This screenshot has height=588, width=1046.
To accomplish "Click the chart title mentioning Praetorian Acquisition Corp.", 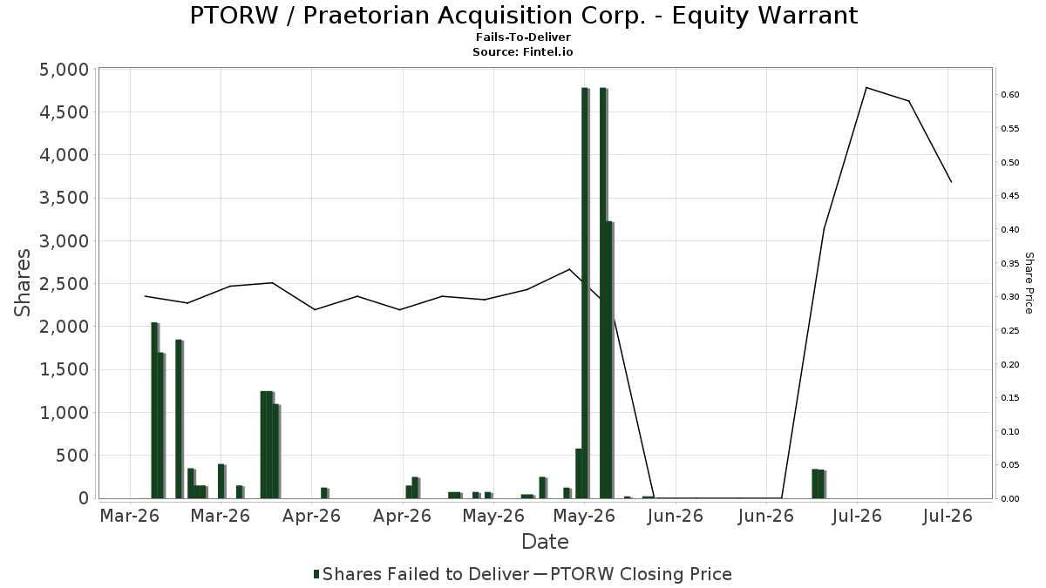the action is (x=524, y=16).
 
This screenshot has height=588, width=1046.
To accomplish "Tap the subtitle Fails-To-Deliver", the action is (x=523, y=37).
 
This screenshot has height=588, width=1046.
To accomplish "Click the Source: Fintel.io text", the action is (x=522, y=51).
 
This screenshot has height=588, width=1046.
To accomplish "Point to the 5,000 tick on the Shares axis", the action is (x=64, y=70).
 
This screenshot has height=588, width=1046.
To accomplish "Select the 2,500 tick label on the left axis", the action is (x=64, y=284).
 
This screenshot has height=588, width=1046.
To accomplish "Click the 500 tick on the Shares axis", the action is (x=72, y=456).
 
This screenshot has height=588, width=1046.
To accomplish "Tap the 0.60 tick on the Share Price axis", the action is (x=1009, y=95).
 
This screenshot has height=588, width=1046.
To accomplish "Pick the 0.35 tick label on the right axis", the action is (x=1009, y=263).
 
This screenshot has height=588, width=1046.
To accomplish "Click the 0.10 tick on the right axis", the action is (x=1009, y=432).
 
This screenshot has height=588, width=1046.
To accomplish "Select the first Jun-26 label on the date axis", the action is (x=675, y=516).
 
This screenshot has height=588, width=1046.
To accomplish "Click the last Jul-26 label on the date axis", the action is (x=948, y=516).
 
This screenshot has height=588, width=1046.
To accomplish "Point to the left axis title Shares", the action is (x=22, y=283).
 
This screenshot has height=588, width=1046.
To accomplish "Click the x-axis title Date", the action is (x=545, y=542).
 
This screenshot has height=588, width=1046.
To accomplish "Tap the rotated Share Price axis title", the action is (x=1029, y=283).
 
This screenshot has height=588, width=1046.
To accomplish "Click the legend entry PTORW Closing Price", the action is (x=636, y=574).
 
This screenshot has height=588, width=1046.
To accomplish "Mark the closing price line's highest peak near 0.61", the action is (x=866, y=88).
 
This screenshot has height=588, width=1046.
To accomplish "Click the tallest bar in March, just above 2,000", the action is (x=155, y=410).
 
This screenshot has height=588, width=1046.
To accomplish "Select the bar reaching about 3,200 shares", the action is (x=609, y=360).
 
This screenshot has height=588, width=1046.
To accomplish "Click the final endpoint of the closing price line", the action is (x=951, y=182).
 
